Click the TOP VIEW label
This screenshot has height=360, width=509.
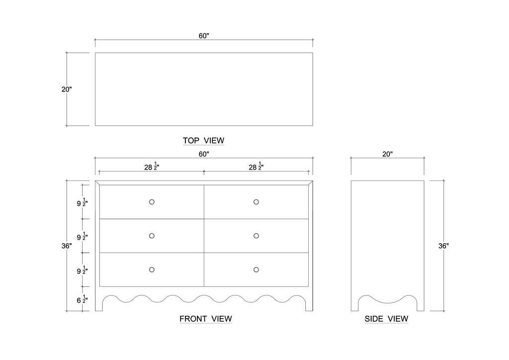[203, 141]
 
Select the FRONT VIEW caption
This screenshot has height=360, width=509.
[206, 319]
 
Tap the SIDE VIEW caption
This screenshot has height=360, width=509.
[386, 319]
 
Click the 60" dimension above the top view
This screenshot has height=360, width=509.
[204, 36]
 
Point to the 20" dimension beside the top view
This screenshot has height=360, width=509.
[67, 90]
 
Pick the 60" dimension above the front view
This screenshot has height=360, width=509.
[204, 154]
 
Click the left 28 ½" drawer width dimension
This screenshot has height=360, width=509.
[152, 167]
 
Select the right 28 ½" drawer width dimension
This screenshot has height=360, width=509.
[256, 167]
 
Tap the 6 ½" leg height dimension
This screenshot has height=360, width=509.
[83, 300]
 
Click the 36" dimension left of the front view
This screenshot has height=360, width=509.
[67, 246]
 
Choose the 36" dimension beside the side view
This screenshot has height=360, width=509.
[443, 246]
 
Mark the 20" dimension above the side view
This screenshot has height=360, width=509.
[388, 154]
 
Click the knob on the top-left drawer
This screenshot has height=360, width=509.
[152, 202]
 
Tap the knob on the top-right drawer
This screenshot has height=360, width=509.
[256, 202]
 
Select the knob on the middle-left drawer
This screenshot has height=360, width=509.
[152, 236]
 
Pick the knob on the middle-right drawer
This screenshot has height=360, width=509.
[256, 236]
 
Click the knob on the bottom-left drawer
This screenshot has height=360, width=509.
[152, 270]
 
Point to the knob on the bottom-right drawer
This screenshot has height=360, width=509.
[256, 270]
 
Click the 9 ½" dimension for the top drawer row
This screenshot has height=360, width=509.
[83, 202]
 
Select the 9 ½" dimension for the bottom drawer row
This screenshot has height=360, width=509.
[83, 270]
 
